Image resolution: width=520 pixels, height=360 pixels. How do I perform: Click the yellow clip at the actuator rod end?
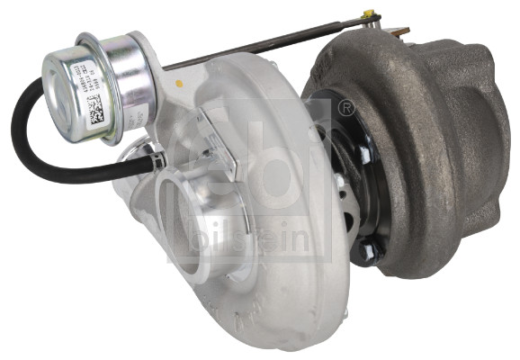367,15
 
